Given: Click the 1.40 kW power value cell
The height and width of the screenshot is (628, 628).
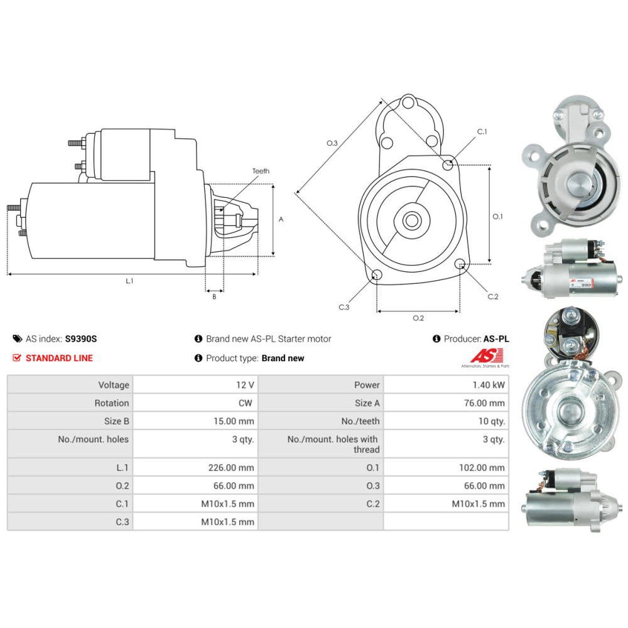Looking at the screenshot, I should point(490,385).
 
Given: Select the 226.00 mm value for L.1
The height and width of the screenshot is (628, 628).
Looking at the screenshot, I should point(231,467).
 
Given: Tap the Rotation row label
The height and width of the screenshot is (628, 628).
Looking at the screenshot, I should point(112,403).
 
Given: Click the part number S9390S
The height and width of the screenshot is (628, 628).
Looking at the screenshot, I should point(81,338).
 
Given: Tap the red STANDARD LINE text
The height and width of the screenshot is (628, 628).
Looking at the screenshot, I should point(58,358).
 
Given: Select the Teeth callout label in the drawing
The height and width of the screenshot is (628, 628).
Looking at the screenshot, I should point(261,171).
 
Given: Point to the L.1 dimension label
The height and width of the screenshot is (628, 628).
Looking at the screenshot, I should point(129,281).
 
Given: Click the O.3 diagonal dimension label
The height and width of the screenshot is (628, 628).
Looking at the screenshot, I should point(332,143).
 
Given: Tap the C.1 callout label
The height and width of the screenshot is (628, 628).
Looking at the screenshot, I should point(482,132).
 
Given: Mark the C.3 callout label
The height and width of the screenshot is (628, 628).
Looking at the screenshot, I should point(344,307).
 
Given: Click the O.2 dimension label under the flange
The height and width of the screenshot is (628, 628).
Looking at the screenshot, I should point(418,318).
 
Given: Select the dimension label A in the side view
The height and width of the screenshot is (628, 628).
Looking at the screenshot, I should point(281,219).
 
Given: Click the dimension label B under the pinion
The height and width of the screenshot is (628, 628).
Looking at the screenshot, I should point(214,296).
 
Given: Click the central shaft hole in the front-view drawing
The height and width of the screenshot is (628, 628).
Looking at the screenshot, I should point(413,220).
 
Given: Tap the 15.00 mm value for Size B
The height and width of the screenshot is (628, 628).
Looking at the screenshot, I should point(238,421).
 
